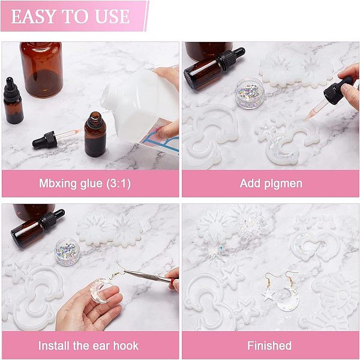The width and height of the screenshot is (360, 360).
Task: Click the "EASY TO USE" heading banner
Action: [x=74, y=16]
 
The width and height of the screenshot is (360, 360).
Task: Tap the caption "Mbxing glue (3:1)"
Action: [x=85, y=184]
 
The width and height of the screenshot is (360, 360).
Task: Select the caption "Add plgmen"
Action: [x=271, y=184]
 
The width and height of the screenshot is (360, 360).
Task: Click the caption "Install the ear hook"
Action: [x=88, y=346]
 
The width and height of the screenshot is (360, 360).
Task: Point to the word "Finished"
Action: [x=269, y=346]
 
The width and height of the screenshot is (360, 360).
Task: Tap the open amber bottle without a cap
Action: [x=95, y=134]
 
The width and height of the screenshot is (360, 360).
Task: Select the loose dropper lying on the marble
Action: [x=56, y=139]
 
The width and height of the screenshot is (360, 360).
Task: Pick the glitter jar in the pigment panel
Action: [x=250, y=93]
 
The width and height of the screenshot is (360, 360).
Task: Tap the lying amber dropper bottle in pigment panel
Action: [x=214, y=68]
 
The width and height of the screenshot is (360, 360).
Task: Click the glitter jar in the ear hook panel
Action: [x=68, y=251]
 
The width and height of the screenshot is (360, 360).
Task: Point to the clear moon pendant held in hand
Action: [x=99, y=290]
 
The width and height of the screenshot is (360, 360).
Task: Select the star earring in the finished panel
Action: [x=268, y=295]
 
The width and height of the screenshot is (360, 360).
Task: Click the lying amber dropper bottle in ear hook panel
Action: [x=37, y=229]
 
